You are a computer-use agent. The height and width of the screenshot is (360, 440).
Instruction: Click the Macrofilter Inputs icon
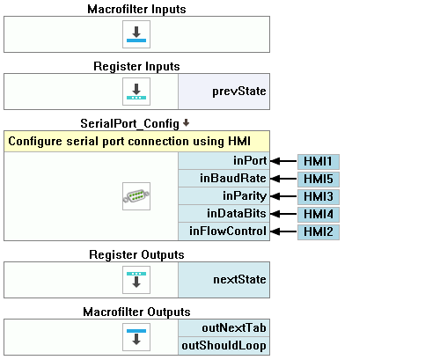coord(136,34)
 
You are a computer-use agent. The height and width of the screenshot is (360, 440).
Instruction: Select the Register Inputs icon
coord(136,92)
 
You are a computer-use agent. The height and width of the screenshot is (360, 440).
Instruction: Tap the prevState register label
coord(239,92)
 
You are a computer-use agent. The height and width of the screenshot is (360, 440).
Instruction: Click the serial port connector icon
coord(136,196)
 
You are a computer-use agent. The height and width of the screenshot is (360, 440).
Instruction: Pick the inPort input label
coord(250,161)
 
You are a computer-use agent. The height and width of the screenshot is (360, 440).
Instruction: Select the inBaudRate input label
coord(233,179)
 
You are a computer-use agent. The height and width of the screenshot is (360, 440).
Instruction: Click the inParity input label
coord(245,196)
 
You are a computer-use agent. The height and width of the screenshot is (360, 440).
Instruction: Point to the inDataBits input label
coord(237,214)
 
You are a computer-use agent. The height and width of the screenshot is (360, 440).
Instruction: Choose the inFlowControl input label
coord(228,231)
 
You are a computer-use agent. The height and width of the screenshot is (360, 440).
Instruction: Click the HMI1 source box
coord(319,162)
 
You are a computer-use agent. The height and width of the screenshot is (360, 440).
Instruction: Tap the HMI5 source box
coord(319,180)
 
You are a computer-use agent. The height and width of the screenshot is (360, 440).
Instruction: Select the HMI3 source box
coord(319,197)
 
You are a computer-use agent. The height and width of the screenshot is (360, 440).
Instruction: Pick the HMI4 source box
coord(319,215)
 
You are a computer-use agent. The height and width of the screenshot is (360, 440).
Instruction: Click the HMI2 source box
coord(319,232)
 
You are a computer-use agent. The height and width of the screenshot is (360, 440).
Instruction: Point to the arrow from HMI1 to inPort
coord(283,161)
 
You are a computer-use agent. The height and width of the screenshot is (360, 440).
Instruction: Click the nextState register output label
coord(239,280)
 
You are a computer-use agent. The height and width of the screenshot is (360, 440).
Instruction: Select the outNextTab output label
coord(234,328)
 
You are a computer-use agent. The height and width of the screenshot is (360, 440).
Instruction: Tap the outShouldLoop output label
coord(224,346)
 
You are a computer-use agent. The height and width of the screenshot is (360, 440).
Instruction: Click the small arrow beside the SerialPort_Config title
coord(186,122)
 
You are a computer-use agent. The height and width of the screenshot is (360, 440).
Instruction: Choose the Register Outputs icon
coord(136,280)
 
